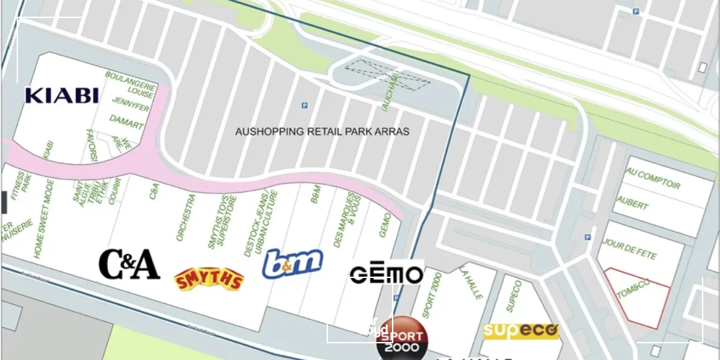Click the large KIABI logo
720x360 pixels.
62,95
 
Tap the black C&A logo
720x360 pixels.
129,265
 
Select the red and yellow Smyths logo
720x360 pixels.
209,279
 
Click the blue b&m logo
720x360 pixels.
292,263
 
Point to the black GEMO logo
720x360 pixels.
387,274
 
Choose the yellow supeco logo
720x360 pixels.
521,331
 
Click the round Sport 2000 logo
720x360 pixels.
402,339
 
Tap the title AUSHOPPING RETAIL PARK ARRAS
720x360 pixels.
322,132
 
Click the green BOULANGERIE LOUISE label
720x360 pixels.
131,84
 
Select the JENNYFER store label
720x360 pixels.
130,105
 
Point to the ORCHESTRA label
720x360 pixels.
185,217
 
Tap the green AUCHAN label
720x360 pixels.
394,91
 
